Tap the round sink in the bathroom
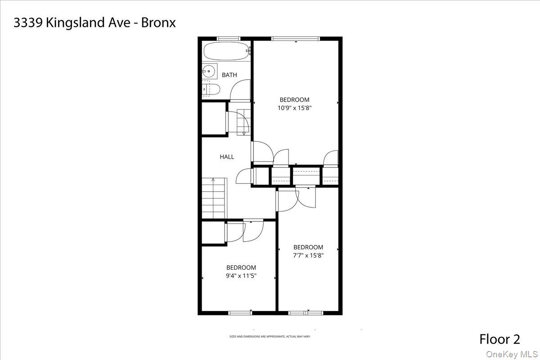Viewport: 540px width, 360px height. (209, 71)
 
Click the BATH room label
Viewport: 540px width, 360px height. (229, 75)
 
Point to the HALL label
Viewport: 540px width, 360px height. (227, 157)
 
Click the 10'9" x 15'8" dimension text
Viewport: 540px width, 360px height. (295, 108)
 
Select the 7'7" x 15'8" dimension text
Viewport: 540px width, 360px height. (308, 256)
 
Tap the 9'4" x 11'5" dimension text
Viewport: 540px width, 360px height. (241, 276)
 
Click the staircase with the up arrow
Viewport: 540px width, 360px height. (213, 198)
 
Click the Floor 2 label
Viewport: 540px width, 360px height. (499, 339)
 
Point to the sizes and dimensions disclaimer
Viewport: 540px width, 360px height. (270, 337)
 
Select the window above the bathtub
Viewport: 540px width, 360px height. (229, 38)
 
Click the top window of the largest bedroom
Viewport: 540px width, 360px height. (296, 38)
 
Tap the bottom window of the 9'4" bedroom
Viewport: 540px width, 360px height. (240, 313)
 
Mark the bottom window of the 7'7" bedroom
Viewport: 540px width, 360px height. (305, 313)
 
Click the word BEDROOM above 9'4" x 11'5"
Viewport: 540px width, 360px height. (241, 268)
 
